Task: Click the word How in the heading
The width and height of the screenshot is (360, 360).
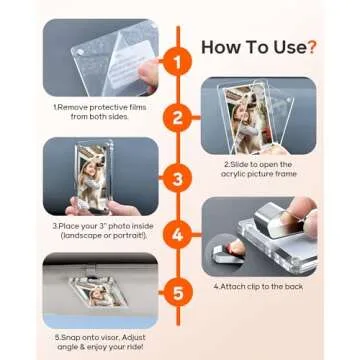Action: (221, 46)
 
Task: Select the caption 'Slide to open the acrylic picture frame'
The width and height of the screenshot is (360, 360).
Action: (262, 167)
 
